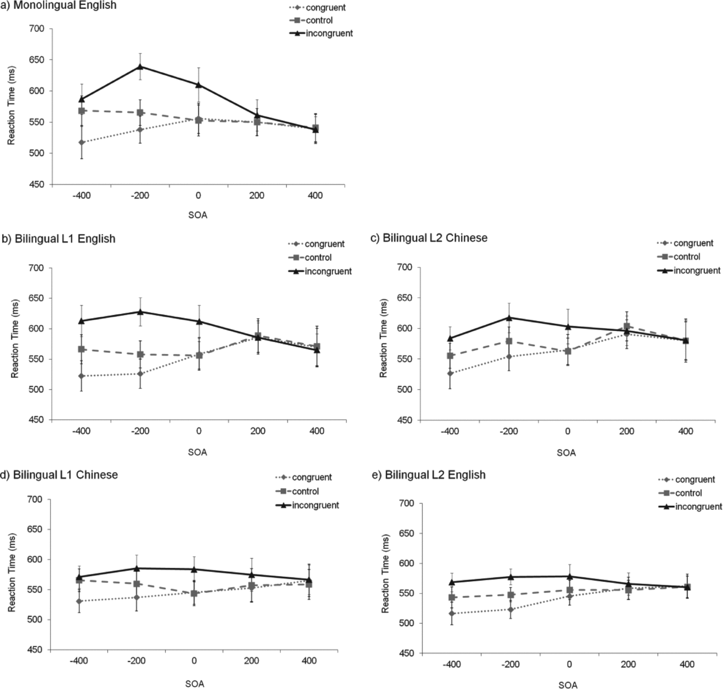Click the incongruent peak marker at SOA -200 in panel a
[x=140, y=67]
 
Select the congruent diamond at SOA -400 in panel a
[x=81, y=143]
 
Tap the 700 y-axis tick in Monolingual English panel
[x=39, y=29]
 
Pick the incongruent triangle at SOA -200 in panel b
[x=140, y=311]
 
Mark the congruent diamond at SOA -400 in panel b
[x=81, y=376]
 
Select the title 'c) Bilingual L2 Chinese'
[x=428, y=238]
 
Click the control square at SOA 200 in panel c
[x=627, y=326]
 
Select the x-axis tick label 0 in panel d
[x=194, y=660]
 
